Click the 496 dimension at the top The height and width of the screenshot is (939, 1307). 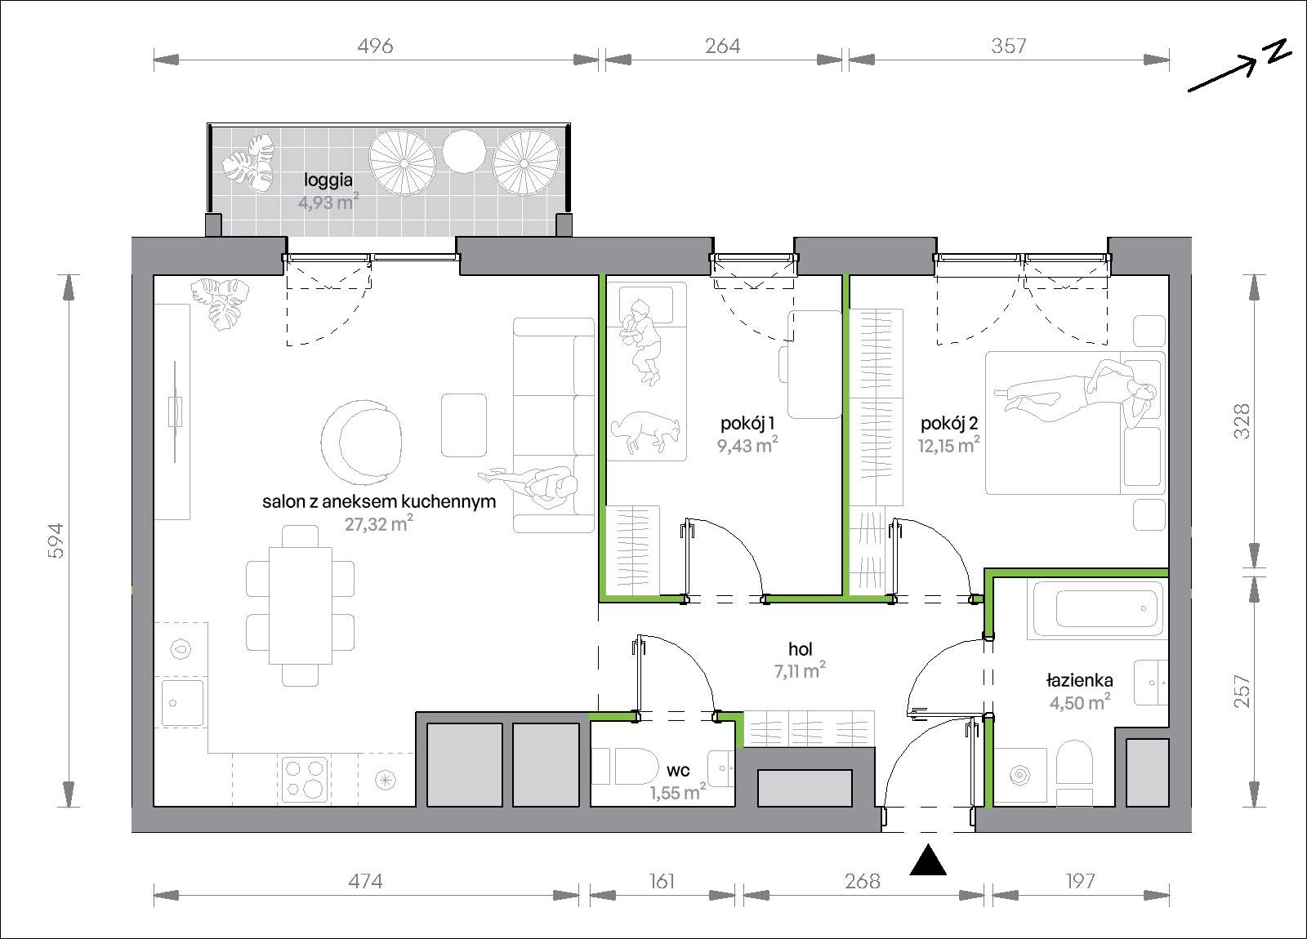[375, 46]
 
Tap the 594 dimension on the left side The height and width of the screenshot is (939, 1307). [56, 541]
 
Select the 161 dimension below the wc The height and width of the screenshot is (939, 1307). [662, 881]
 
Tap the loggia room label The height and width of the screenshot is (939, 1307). [328, 180]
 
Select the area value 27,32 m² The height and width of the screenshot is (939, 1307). [379, 523]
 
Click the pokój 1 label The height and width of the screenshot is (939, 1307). [747, 423]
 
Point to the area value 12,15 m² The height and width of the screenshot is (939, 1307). [948, 445]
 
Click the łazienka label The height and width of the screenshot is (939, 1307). [1079, 680]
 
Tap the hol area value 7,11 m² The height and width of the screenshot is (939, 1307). [800, 670]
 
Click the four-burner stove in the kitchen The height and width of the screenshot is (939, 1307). [304, 779]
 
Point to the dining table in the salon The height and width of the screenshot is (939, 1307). [300, 605]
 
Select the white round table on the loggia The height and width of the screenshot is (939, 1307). [464, 151]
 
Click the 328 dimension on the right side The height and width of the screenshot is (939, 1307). [1242, 421]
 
